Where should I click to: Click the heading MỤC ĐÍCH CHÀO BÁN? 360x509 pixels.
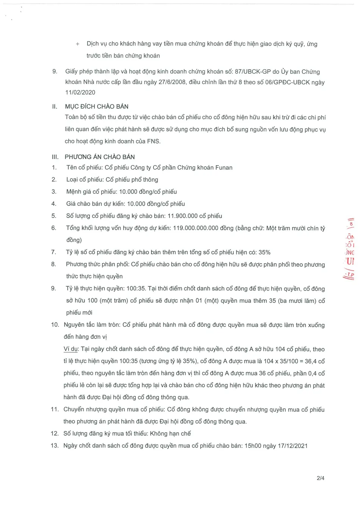[x=97, y=106]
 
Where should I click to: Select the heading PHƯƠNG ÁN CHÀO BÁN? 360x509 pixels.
[x=100, y=157]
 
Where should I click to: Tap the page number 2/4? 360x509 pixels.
[x=320, y=478]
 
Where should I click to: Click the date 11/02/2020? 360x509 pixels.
[x=80, y=92]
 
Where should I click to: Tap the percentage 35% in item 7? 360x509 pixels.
[x=264, y=252]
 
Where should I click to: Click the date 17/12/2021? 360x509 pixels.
[x=293, y=446]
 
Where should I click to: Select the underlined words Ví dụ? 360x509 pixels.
[x=70, y=349]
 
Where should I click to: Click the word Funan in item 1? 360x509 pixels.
[x=224, y=167]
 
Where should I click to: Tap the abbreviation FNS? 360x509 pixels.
[x=153, y=141]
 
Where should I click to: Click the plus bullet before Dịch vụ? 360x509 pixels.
[x=78, y=44]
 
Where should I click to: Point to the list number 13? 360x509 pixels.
[x=55, y=446]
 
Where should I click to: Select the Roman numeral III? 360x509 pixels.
[x=55, y=157]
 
